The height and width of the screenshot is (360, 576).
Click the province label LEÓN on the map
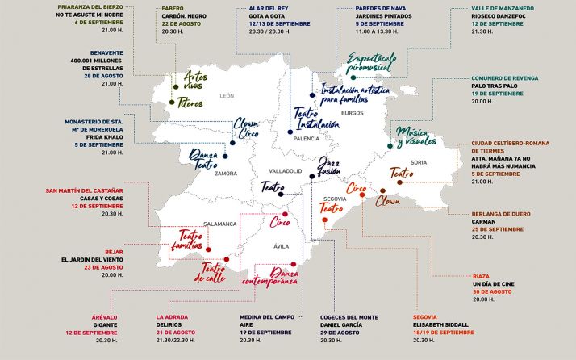[x=227, y=95]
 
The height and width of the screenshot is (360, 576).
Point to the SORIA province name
[x=418, y=162]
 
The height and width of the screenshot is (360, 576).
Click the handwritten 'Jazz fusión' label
[x=328, y=166]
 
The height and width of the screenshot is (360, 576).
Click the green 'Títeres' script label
[x=190, y=103]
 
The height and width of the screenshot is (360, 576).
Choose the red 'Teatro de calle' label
[x=217, y=273]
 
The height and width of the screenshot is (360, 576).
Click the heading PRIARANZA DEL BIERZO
[x=83, y=6]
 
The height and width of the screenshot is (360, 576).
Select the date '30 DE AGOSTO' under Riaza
[x=499, y=291]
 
